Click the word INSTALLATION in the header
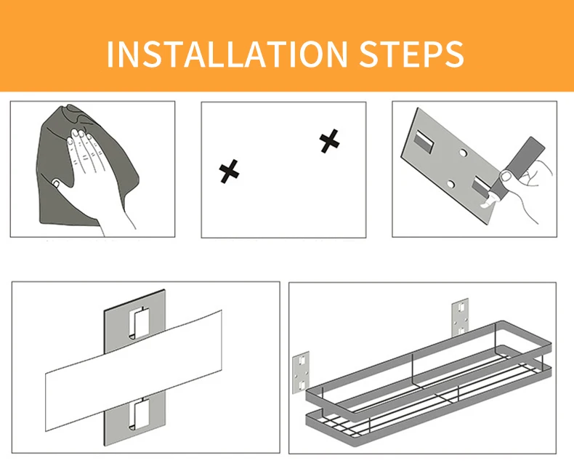(227, 54)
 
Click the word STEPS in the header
(411, 54)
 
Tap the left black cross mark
(229, 171)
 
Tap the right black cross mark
(329, 141)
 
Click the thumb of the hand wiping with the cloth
(57, 182)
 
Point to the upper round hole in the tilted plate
(463, 153)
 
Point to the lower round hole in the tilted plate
(450, 184)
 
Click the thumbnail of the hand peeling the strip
(506, 177)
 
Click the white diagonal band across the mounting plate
(134, 370)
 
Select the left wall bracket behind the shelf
(301, 372)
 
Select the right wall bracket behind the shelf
(460, 317)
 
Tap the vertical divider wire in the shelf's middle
(413, 370)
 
